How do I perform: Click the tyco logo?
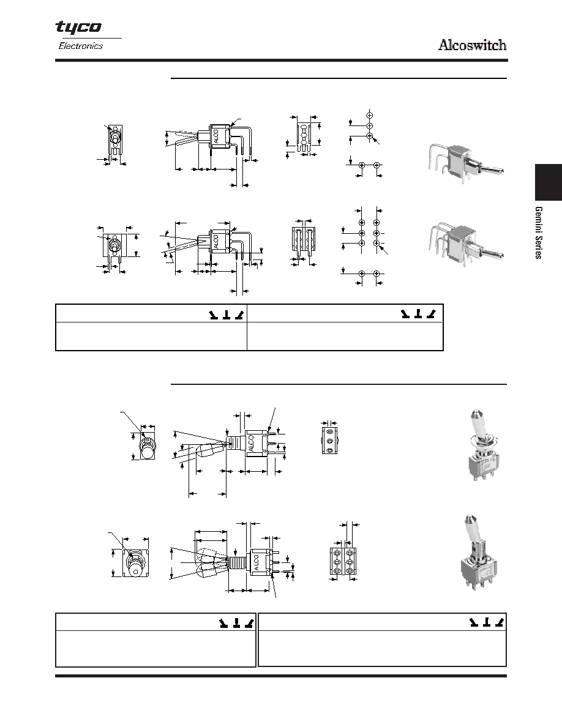[78, 28]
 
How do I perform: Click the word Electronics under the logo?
[81, 46]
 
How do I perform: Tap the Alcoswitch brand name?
[473, 45]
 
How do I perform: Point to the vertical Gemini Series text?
[538, 233]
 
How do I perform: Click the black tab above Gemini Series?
[549, 182]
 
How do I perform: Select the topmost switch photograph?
[465, 162]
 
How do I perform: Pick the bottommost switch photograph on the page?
[477, 554]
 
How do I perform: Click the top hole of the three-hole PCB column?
[370, 114]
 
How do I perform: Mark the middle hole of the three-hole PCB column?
[370, 125]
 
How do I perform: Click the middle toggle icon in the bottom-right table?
[487, 622]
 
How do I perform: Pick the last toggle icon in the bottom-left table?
[249, 623]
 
